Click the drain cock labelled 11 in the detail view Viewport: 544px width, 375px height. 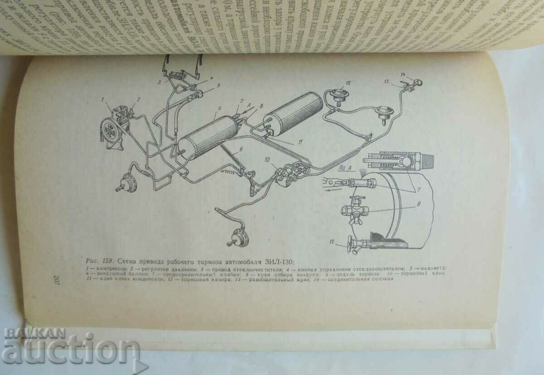tap(350, 244)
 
